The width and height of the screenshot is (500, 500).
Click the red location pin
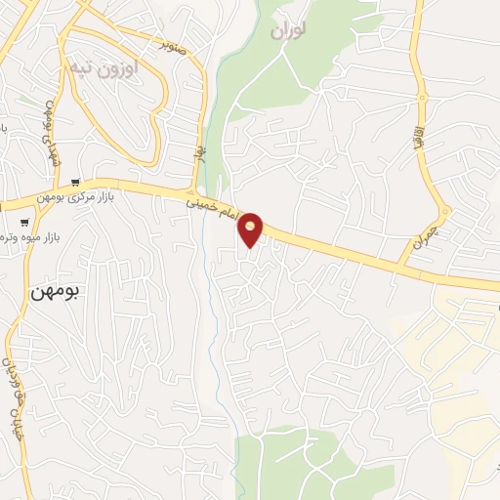[251, 229]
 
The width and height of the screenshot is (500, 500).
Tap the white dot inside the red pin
[251, 226]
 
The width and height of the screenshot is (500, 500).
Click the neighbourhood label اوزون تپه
[104, 69]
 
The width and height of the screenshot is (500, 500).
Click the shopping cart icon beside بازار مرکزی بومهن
[75, 182]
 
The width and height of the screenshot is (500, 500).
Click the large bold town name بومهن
[59, 291]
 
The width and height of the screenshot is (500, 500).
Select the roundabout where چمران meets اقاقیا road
[444, 210]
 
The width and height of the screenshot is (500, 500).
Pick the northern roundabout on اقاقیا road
[424, 95]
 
